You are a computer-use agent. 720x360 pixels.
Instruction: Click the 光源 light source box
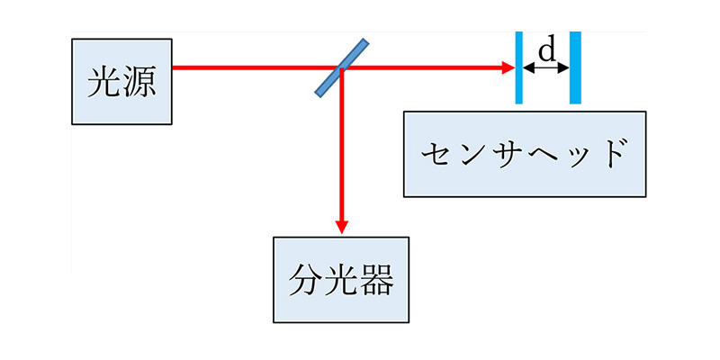point(121,81)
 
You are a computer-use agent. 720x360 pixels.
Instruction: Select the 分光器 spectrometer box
point(340,279)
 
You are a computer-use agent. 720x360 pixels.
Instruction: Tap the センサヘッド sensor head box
point(525,154)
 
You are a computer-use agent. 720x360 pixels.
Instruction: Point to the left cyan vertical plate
point(519,67)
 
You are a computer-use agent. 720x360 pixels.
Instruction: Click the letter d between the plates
point(546,50)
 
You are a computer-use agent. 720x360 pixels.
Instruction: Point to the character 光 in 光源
point(103,82)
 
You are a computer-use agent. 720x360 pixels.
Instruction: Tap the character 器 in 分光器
point(375,280)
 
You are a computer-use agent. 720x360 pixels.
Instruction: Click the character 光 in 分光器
point(340,280)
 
